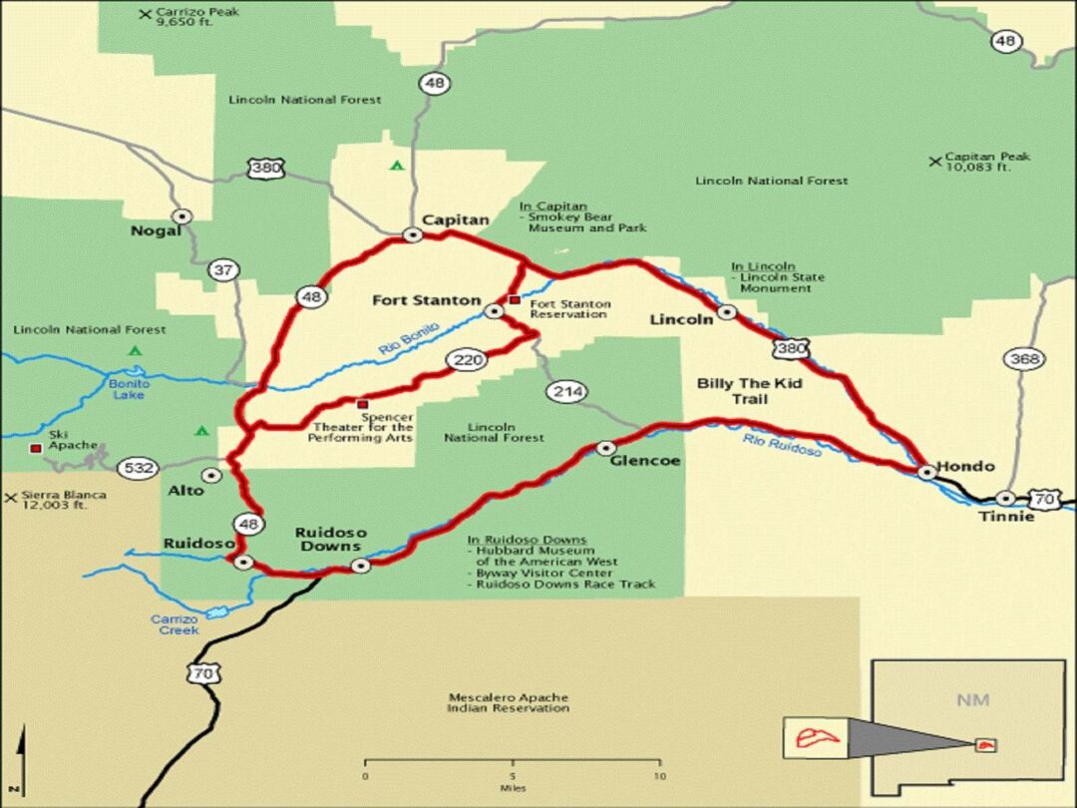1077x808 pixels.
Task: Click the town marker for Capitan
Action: (x=412, y=235)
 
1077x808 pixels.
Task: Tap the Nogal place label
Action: (x=157, y=231)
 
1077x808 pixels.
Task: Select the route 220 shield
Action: (x=466, y=360)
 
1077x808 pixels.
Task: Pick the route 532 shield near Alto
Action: (x=136, y=467)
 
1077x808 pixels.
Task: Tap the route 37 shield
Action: (x=224, y=270)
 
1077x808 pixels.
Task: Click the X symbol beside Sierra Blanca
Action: (x=10, y=496)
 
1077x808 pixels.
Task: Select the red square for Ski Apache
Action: (x=36, y=449)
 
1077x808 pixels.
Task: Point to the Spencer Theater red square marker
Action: (x=362, y=404)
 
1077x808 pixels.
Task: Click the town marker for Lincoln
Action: (x=727, y=312)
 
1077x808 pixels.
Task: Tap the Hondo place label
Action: (x=965, y=467)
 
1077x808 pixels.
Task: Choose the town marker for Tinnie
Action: (x=1006, y=498)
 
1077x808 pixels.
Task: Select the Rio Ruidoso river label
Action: (x=782, y=445)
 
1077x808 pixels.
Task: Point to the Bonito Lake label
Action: (x=130, y=389)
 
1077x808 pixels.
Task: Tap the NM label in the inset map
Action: (x=972, y=699)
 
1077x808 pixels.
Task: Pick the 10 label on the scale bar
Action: (x=659, y=776)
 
